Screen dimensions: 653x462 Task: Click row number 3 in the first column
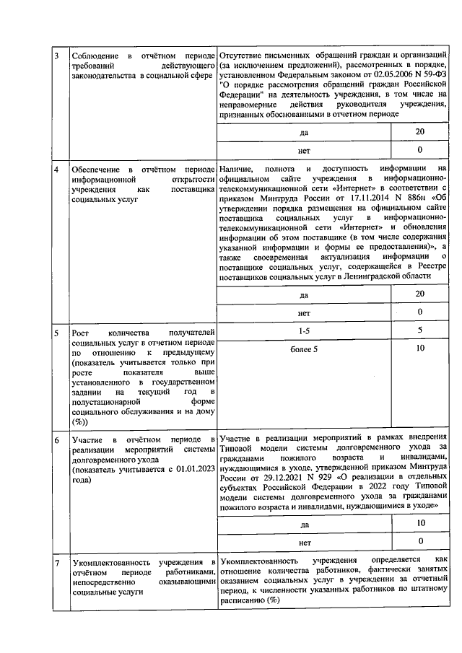click(57, 56)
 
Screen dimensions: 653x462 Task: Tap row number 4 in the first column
click(57, 168)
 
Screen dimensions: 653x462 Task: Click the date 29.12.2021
click(278, 478)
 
